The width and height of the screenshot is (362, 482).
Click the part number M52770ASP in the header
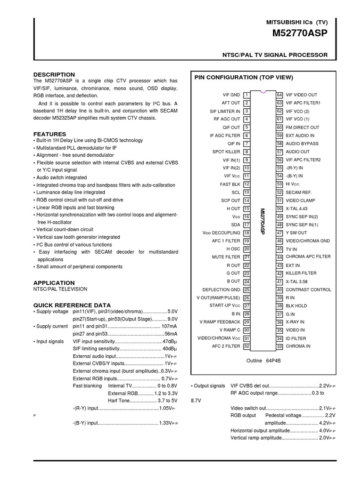point(300,34)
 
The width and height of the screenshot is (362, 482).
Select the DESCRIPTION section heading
point(54,74)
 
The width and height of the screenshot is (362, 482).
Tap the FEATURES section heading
point(49,134)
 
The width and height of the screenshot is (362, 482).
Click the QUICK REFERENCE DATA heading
point(72,305)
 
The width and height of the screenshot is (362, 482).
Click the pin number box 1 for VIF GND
point(247,95)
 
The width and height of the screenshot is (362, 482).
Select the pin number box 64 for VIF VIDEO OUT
point(280,95)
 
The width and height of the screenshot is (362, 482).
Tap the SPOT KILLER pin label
point(226,152)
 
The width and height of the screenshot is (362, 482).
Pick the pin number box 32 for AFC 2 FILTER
point(247,346)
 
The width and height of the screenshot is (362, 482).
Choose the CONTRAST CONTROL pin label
point(308,289)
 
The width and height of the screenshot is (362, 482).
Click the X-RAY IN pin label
point(296,322)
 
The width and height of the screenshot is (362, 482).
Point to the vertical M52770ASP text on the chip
point(263,221)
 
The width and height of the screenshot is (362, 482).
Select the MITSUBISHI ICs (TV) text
point(297,23)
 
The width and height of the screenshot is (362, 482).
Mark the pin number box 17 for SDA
point(247,225)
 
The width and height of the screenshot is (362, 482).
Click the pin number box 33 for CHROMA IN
point(280,346)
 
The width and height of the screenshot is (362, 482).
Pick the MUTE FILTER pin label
point(227,257)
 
